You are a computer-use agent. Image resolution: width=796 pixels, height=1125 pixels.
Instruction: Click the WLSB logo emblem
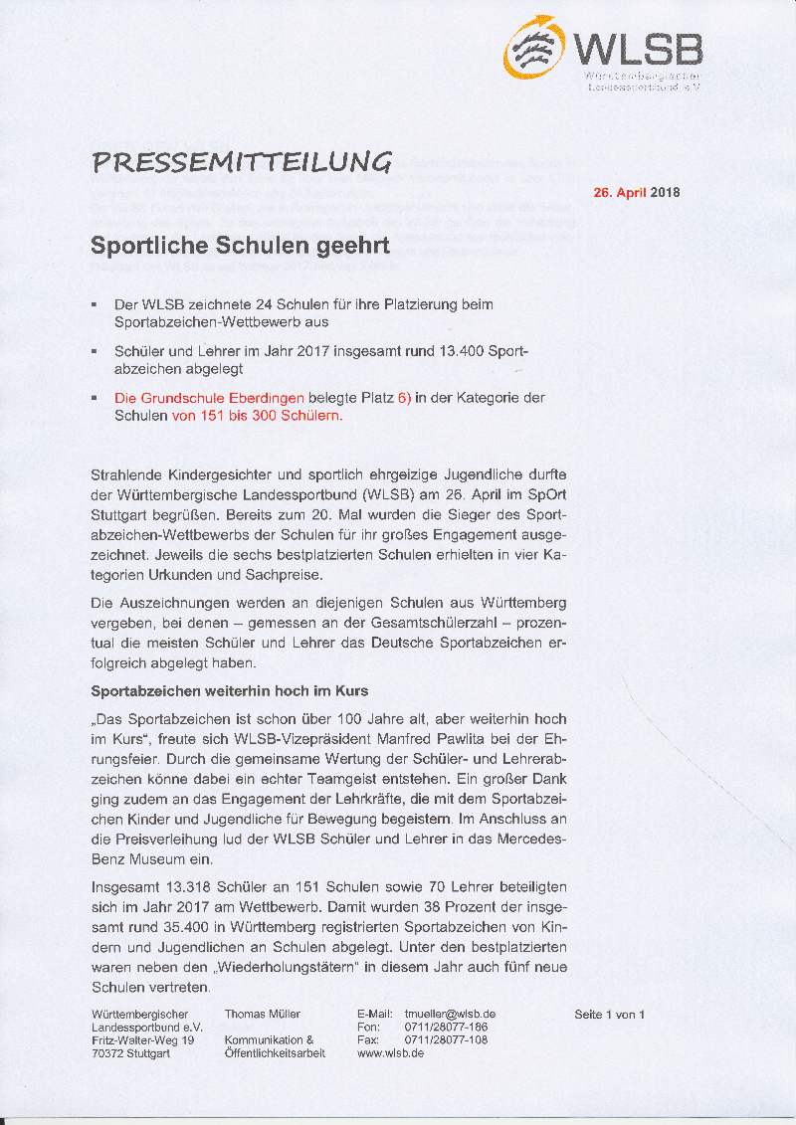point(537,49)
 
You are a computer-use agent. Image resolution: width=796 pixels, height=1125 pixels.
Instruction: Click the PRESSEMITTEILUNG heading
point(241,161)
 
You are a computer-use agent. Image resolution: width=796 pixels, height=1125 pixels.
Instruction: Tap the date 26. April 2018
point(637,193)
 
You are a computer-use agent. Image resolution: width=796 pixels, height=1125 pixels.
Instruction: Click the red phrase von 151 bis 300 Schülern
point(257,416)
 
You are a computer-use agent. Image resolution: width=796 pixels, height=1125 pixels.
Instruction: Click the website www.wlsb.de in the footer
point(390,1052)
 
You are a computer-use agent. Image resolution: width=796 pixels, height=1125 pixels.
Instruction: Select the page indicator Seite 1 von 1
point(610,1014)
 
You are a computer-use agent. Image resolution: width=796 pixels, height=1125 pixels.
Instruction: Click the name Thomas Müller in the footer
point(263,1014)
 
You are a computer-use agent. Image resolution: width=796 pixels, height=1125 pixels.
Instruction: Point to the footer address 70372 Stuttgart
point(130,1052)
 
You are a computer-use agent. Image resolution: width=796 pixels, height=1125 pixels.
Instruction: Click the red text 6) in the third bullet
point(404,398)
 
